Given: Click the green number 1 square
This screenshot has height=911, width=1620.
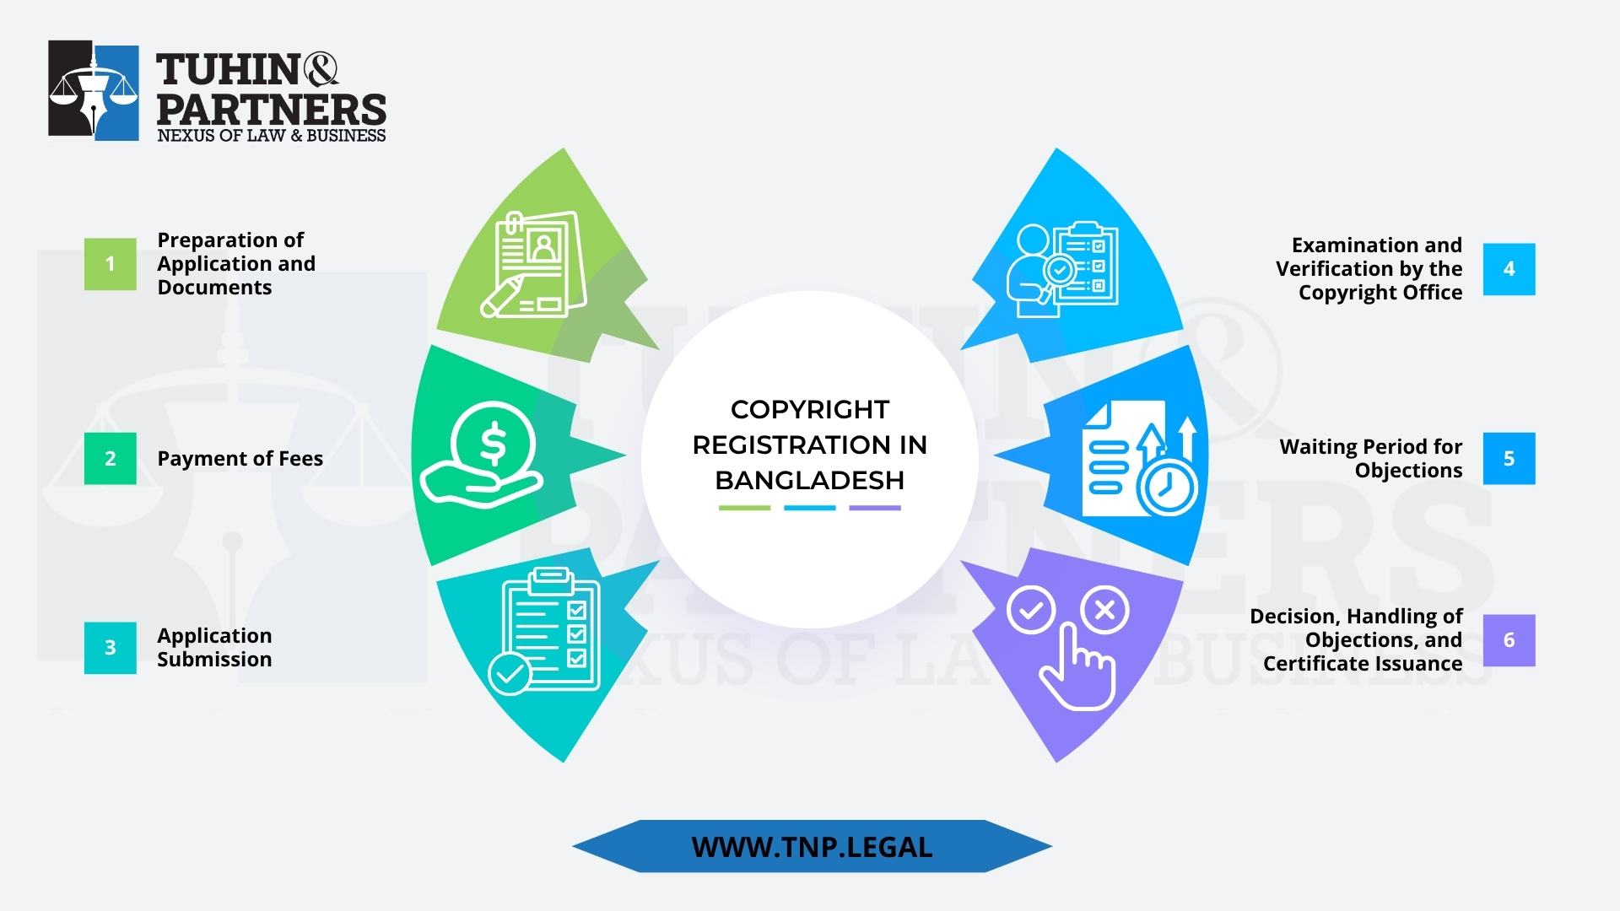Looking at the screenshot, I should pyautogui.click(x=110, y=264).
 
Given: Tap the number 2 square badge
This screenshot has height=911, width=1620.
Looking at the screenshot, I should pyautogui.click(x=110, y=458).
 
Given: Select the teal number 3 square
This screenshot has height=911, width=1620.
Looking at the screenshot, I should pyautogui.click(x=110, y=648).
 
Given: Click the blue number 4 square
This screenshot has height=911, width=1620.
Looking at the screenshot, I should pyautogui.click(x=1509, y=269).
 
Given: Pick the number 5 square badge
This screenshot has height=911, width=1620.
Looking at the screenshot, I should pyautogui.click(x=1509, y=458).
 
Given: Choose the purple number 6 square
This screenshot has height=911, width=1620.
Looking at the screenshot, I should pyautogui.click(x=1509, y=640).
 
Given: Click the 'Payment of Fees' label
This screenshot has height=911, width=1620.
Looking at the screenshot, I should pyautogui.click(x=240, y=459).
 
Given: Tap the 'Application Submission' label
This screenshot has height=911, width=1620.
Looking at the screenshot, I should pyautogui.click(x=214, y=648).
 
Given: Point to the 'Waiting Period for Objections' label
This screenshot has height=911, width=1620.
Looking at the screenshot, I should pyautogui.click(x=1370, y=459).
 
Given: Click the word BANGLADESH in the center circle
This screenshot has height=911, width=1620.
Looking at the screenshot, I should pyautogui.click(x=809, y=480).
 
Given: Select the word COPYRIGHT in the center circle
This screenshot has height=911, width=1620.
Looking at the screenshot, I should pyautogui.click(x=809, y=409).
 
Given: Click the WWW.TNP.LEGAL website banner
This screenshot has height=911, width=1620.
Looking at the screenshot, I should pyautogui.click(x=812, y=847).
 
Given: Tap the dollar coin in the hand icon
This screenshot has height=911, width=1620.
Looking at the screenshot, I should pyautogui.click(x=493, y=444).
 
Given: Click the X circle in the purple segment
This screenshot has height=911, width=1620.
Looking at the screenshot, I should pyautogui.click(x=1104, y=610).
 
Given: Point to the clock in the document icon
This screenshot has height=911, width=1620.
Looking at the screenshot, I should pyautogui.click(x=1167, y=486).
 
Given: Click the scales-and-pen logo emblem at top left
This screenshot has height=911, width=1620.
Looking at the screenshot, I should pyautogui.click(x=94, y=90).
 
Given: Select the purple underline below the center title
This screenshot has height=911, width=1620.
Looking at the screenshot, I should pyautogui.click(x=875, y=508).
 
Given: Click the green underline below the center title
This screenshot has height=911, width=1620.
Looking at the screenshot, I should pyautogui.click(x=744, y=508).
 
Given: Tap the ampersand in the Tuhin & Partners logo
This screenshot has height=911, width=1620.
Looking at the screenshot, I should pyautogui.click(x=320, y=69).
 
